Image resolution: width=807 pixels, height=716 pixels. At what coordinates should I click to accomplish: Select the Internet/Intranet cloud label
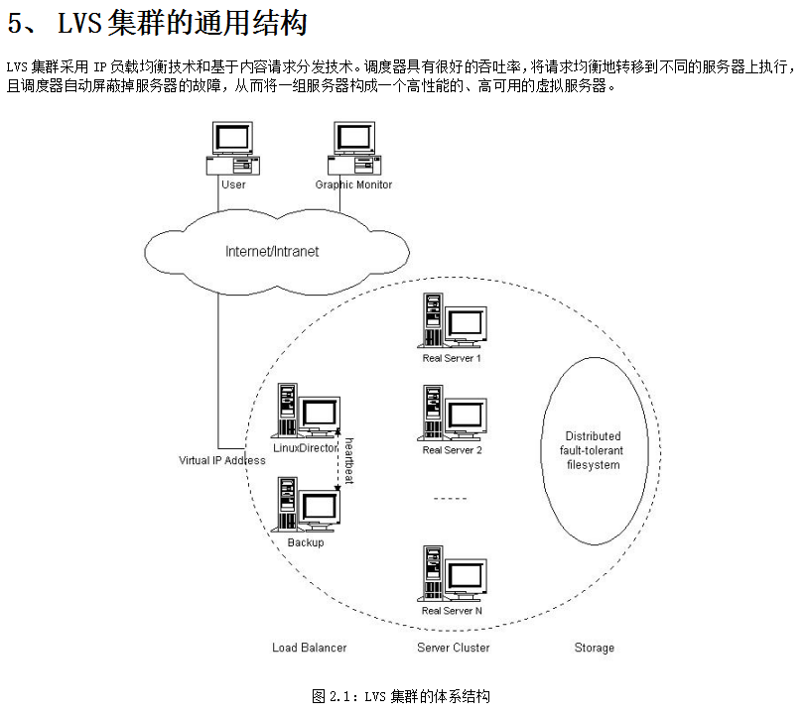coord(272,251)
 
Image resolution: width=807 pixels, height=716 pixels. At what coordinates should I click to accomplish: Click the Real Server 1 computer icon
coord(452,320)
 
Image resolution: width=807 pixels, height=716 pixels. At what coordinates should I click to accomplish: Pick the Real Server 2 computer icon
coord(452,413)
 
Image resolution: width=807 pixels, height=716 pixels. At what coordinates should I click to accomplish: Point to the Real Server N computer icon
coord(452,573)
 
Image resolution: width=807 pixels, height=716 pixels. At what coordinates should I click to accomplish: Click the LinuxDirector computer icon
coord(306,412)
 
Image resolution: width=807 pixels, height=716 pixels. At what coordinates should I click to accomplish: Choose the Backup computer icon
coord(306,505)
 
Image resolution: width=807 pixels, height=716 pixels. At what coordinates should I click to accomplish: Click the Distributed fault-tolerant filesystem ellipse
coord(593,449)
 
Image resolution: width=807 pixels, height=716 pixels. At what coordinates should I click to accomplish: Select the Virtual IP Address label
coord(221,460)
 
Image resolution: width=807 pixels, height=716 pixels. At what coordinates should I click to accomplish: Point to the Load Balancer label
coord(310,648)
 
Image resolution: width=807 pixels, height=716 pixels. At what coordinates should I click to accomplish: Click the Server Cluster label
coord(453,648)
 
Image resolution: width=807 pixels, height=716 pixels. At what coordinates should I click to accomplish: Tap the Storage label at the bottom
coord(594,648)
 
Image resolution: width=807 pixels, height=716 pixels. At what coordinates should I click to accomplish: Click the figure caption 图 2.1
coord(401,696)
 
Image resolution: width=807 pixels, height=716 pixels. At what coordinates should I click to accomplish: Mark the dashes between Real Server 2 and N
coord(452,498)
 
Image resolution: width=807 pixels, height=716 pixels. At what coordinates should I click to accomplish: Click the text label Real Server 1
coord(452,358)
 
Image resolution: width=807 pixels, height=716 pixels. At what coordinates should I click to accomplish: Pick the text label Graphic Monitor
coord(353,184)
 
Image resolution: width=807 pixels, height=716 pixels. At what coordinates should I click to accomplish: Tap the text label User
coord(233,184)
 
